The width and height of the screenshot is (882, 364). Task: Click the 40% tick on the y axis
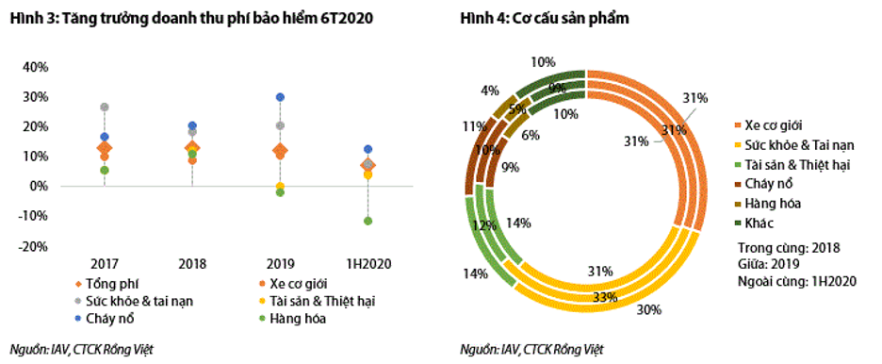click(x=35, y=67)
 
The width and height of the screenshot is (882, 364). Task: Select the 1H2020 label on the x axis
click(x=367, y=262)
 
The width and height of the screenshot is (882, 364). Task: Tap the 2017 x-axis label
click(x=104, y=262)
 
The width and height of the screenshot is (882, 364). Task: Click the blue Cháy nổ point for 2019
click(x=280, y=97)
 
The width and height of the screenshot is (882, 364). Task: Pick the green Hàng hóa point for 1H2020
click(x=367, y=221)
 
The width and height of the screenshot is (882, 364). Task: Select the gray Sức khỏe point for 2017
click(x=105, y=108)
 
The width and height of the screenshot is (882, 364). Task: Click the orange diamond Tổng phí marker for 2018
click(x=192, y=148)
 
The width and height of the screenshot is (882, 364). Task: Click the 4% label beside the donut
click(x=489, y=91)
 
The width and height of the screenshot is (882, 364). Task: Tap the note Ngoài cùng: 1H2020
click(x=794, y=280)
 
